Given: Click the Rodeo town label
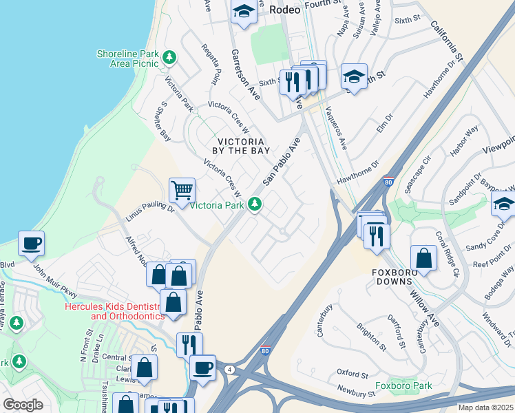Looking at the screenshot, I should pos(286,9).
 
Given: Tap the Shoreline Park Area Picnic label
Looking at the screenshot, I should pos(127,59).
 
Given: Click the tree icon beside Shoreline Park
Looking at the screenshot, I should pos(168,59).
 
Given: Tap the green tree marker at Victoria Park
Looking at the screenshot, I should pos(255,204).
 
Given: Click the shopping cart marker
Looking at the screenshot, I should pos(182,190).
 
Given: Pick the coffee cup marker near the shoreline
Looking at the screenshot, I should pos(32,243).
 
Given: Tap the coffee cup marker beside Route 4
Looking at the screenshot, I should pos(202,368).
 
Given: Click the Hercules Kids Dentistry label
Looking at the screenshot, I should pos(116,311).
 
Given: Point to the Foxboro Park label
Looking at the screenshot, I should pos(403,385).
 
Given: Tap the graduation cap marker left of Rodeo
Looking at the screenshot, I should pos(244,12).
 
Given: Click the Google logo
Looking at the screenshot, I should pos(23,405).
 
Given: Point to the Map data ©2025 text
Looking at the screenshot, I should pos(485,407).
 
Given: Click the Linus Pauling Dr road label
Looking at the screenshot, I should pos(150,211).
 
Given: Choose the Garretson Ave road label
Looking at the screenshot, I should pos(245,75).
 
